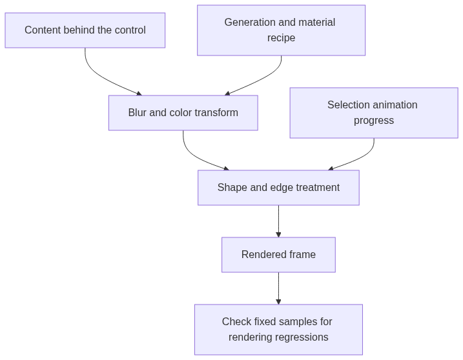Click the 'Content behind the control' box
click(x=85, y=30)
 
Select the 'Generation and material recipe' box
click(x=281, y=30)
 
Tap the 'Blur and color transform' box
click(x=183, y=113)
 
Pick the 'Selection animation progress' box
click(x=374, y=113)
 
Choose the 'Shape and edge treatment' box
click(x=278, y=188)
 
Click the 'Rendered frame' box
click(x=278, y=255)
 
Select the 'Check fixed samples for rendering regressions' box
click(x=278, y=330)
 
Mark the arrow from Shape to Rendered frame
click(x=278, y=221)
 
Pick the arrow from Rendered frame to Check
click(x=278, y=288)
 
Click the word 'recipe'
click(x=281, y=38)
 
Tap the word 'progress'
click(x=374, y=121)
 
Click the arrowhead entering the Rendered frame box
click(x=278, y=235)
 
